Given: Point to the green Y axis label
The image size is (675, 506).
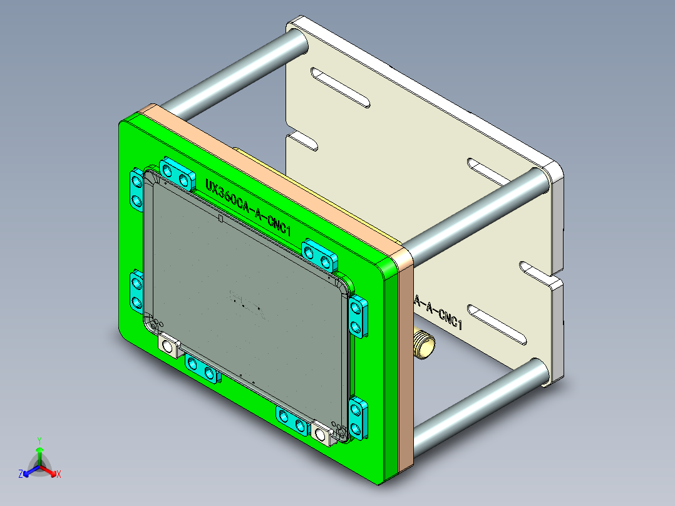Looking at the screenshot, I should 39,440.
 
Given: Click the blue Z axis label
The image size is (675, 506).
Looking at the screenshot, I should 21,475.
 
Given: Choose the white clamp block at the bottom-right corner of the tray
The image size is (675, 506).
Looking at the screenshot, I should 322,433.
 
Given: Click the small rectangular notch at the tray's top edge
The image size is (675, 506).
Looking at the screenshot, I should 219,219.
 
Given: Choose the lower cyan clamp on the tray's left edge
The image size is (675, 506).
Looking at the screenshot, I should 137,292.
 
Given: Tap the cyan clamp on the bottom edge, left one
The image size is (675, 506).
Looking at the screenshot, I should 202,369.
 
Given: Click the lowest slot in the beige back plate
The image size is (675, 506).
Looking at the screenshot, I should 497,323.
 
